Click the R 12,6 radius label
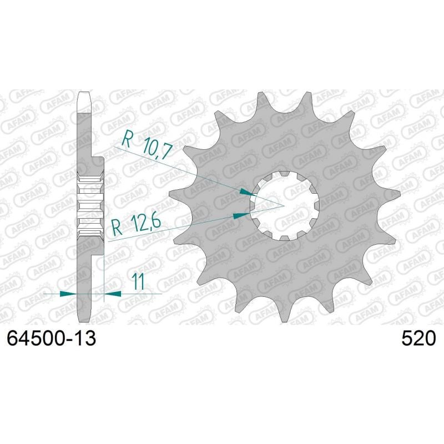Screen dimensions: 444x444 136,225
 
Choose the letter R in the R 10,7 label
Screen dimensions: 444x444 127,138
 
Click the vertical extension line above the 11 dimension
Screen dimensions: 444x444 104,272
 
